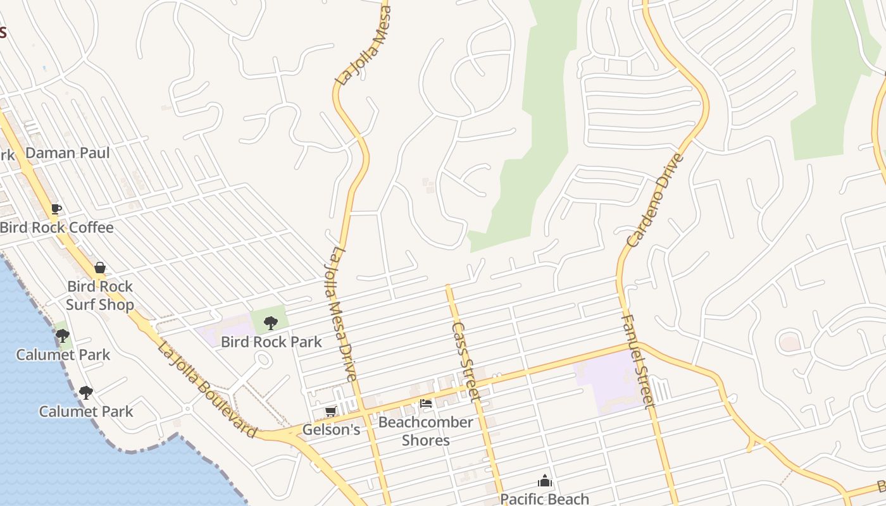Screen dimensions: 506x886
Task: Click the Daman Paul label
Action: click(x=68, y=153)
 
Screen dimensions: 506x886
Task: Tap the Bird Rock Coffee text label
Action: click(x=57, y=228)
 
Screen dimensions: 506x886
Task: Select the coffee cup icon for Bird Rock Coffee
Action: click(x=56, y=209)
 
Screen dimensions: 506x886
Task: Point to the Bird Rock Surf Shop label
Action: click(x=100, y=295)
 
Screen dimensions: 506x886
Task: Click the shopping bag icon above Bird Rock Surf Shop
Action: click(x=99, y=268)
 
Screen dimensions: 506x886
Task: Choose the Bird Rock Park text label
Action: click(x=271, y=342)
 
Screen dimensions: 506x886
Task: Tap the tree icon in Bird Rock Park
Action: click(x=270, y=323)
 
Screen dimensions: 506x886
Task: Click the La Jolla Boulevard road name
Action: click(x=207, y=390)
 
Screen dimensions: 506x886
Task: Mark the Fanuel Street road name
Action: click(x=636, y=361)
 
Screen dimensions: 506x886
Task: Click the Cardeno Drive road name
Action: click(x=656, y=200)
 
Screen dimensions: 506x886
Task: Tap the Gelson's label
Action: click(x=331, y=430)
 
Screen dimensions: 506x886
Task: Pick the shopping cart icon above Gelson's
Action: click(x=330, y=412)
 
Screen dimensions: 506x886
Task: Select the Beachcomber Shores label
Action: click(x=426, y=431)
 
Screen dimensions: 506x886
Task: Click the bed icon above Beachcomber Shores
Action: click(x=426, y=403)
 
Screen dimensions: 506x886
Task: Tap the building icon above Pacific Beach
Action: click(x=544, y=481)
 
